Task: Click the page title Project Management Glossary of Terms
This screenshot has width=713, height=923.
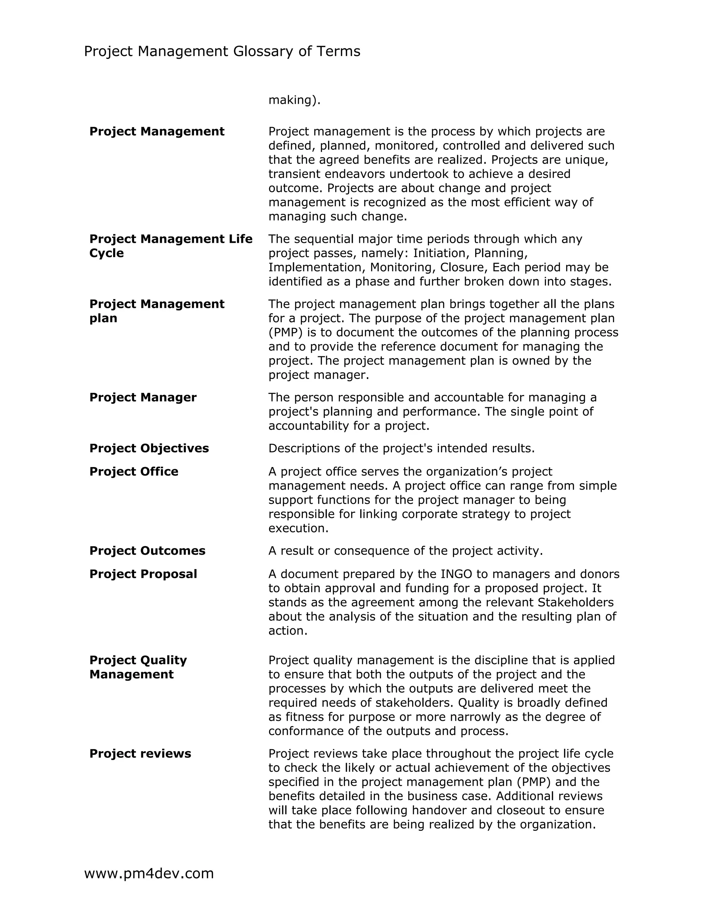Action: coord(222,52)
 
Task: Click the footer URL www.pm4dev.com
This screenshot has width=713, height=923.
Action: coord(149,873)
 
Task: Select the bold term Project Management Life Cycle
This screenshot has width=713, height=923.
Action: coord(171,246)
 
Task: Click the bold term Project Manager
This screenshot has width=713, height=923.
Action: coord(143,397)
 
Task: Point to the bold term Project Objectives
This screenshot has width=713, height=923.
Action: coord(149,448)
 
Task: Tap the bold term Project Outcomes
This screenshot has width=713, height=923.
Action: coord(147,551)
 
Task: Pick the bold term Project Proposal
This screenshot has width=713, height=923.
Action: coord(143,574)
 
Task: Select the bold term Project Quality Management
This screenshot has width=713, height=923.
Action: coord(138,667)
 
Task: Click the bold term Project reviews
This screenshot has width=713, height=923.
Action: coord(140,753)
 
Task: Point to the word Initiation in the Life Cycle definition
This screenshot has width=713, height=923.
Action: coord(441,253)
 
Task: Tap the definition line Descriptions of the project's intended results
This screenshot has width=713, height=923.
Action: coord(401,448)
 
